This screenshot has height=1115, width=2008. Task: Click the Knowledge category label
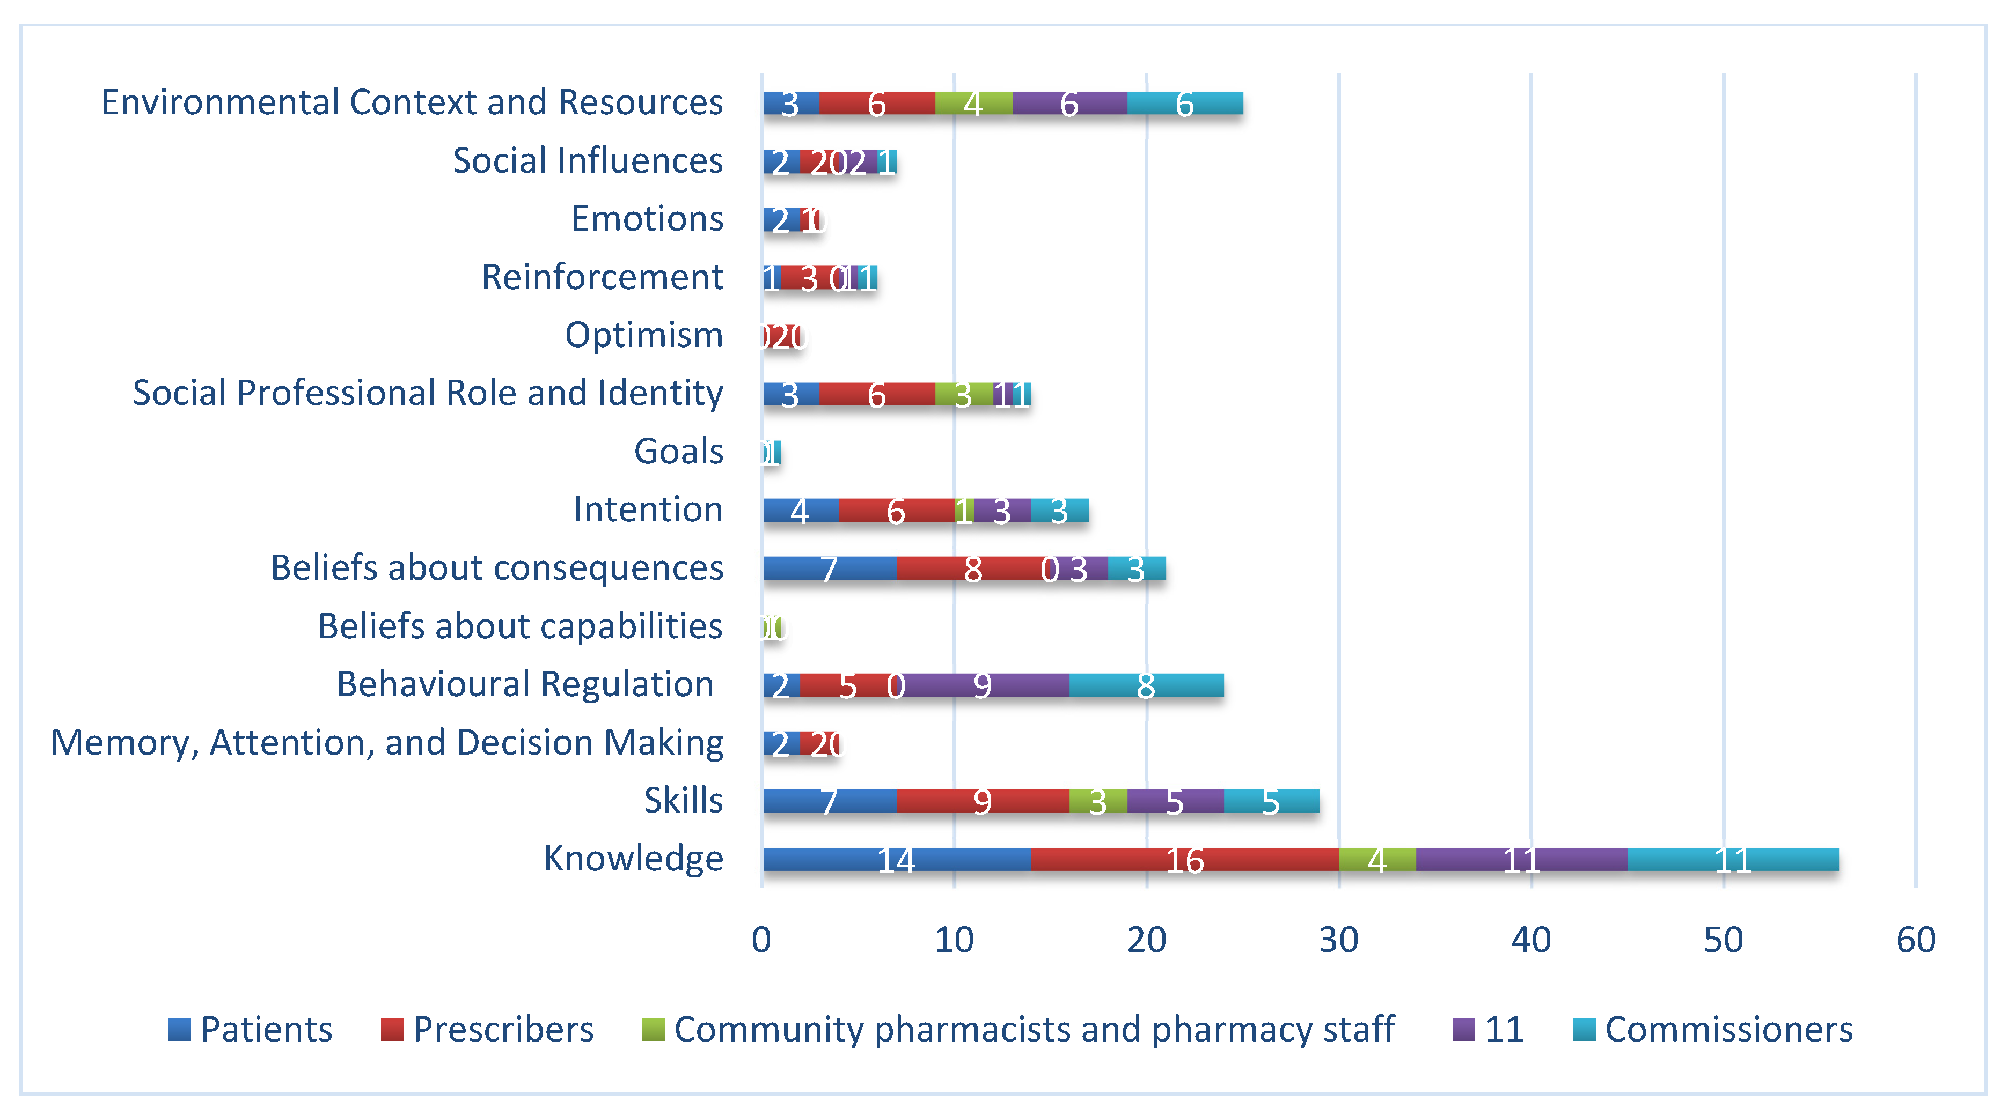[x=633, y=859]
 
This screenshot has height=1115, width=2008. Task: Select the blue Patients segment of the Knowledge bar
[x=897, y=859]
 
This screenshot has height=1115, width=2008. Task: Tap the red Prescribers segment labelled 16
[x=1184, y=859]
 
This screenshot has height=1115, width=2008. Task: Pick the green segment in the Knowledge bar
[x=1376, y=859]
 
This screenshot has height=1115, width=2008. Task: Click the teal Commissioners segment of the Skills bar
[x=1271, y=801]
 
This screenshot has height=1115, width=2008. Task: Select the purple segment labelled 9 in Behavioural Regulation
[x=984, y=685]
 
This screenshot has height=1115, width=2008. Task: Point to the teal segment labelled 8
[x=1146, y=685]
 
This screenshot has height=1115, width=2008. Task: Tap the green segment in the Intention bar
[x=964, y=511]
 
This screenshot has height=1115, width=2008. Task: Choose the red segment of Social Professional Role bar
[x=877, y=394]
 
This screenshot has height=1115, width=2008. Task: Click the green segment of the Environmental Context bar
[x=973, y=103]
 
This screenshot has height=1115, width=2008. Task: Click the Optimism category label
[x=644, y=335]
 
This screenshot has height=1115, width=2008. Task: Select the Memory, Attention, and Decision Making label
[x=387, y=743]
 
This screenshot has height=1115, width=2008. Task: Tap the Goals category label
[x=678, y=451]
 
